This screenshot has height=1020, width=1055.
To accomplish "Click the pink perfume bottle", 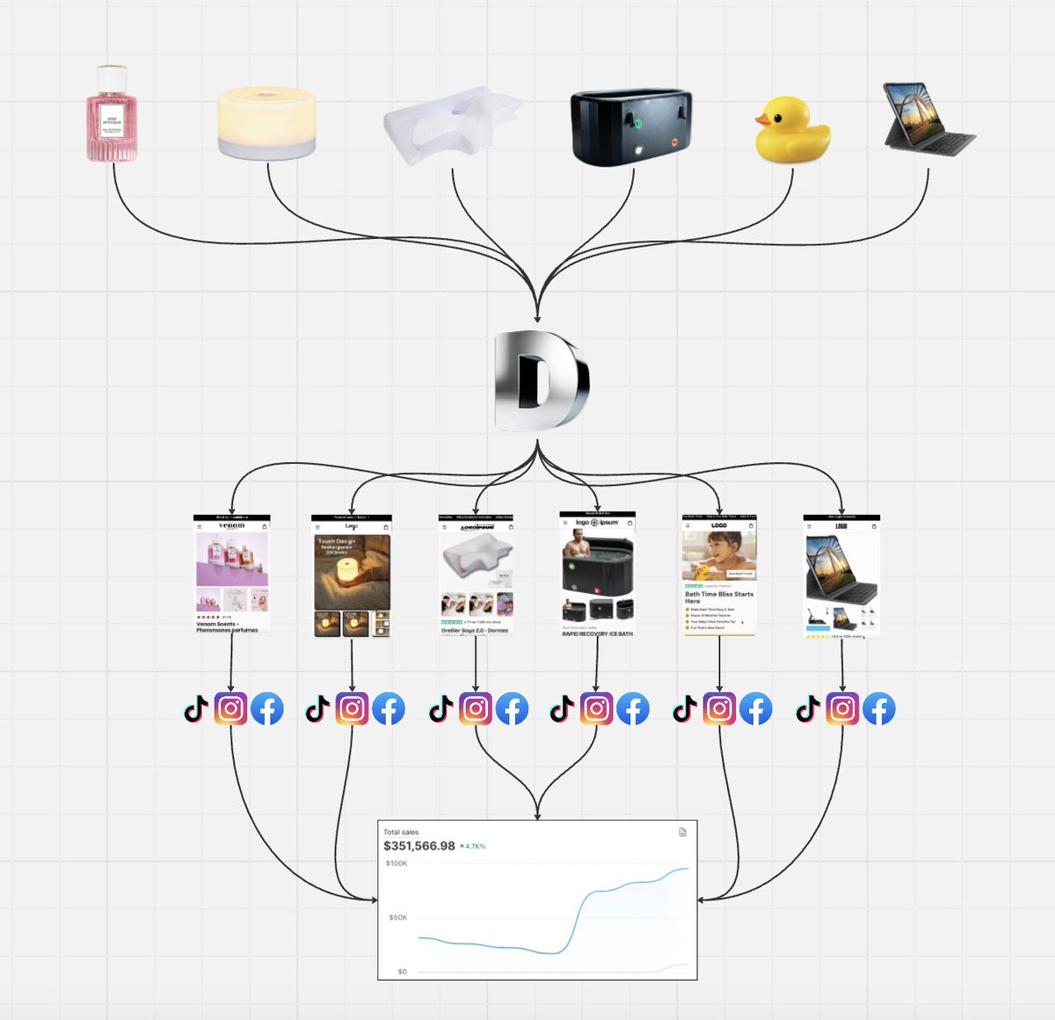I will click(112, 115).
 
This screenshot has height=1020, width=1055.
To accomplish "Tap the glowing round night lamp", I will click(266, 123).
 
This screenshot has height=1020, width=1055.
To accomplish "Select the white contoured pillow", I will click(452, 125).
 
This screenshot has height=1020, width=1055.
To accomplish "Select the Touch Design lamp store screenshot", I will click(352, 575).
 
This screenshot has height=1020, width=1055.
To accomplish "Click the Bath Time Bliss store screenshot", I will click(719, 575).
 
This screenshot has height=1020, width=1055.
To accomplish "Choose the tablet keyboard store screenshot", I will click(841, 575).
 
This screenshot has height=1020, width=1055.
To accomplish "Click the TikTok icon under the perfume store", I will click(196, 709).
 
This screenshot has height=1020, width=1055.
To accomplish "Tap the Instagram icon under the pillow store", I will click(476, 709).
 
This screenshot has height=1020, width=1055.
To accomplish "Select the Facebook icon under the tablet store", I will click(878, 709).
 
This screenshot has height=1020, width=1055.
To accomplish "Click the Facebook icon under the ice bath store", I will click(632, 709).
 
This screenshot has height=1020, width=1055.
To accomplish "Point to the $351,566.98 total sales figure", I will click(419, 846).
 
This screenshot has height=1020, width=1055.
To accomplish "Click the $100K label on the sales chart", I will click(397, 864).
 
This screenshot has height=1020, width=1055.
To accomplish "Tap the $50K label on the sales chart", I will click(398, 918).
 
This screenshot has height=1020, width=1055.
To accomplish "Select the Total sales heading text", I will click(401, 832).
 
